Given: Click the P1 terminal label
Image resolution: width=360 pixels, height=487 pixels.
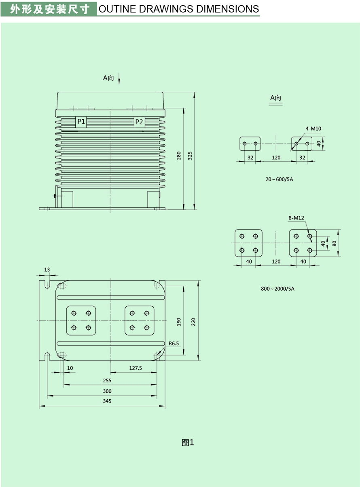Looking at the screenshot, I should click(x=81, y=122).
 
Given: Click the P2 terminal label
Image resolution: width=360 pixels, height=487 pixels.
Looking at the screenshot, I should click(x=139, y=122).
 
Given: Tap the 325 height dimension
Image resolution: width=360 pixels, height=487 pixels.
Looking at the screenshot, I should click(x=190, y=156).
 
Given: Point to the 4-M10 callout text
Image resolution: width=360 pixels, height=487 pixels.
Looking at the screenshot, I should click(x=313, y=129).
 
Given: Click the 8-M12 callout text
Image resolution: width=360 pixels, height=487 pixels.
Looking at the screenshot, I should click(x=296, y=218).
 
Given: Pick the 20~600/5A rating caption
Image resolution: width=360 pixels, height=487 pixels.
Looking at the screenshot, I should click(x=279, y=179).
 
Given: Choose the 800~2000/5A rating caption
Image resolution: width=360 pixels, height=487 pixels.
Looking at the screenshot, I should click(x=277, y=289).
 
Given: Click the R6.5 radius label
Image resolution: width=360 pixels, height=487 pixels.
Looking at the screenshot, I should click(x=174, y=344).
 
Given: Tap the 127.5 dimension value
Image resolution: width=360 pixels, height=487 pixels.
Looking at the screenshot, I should click(x=135, y=368).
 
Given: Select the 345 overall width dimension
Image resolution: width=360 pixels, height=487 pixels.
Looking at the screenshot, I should click(x=107, y=401).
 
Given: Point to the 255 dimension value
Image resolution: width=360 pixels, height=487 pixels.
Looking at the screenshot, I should click(x=107, y=380).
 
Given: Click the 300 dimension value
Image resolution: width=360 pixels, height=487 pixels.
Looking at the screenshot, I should click(x=107, y=391).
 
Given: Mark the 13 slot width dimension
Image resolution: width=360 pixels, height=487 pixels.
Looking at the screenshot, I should click(x=47, y=270).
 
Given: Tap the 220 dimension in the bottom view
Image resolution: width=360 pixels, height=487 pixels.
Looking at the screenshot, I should click(x=193, y=321).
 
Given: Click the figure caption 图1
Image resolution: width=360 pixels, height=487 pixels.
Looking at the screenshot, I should click(x=188, y=443).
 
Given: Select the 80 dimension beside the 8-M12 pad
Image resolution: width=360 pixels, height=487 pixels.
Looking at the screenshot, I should click(x=334, y=243).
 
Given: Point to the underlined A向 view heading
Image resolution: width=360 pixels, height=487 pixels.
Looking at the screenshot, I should click(x=276, y=98).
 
